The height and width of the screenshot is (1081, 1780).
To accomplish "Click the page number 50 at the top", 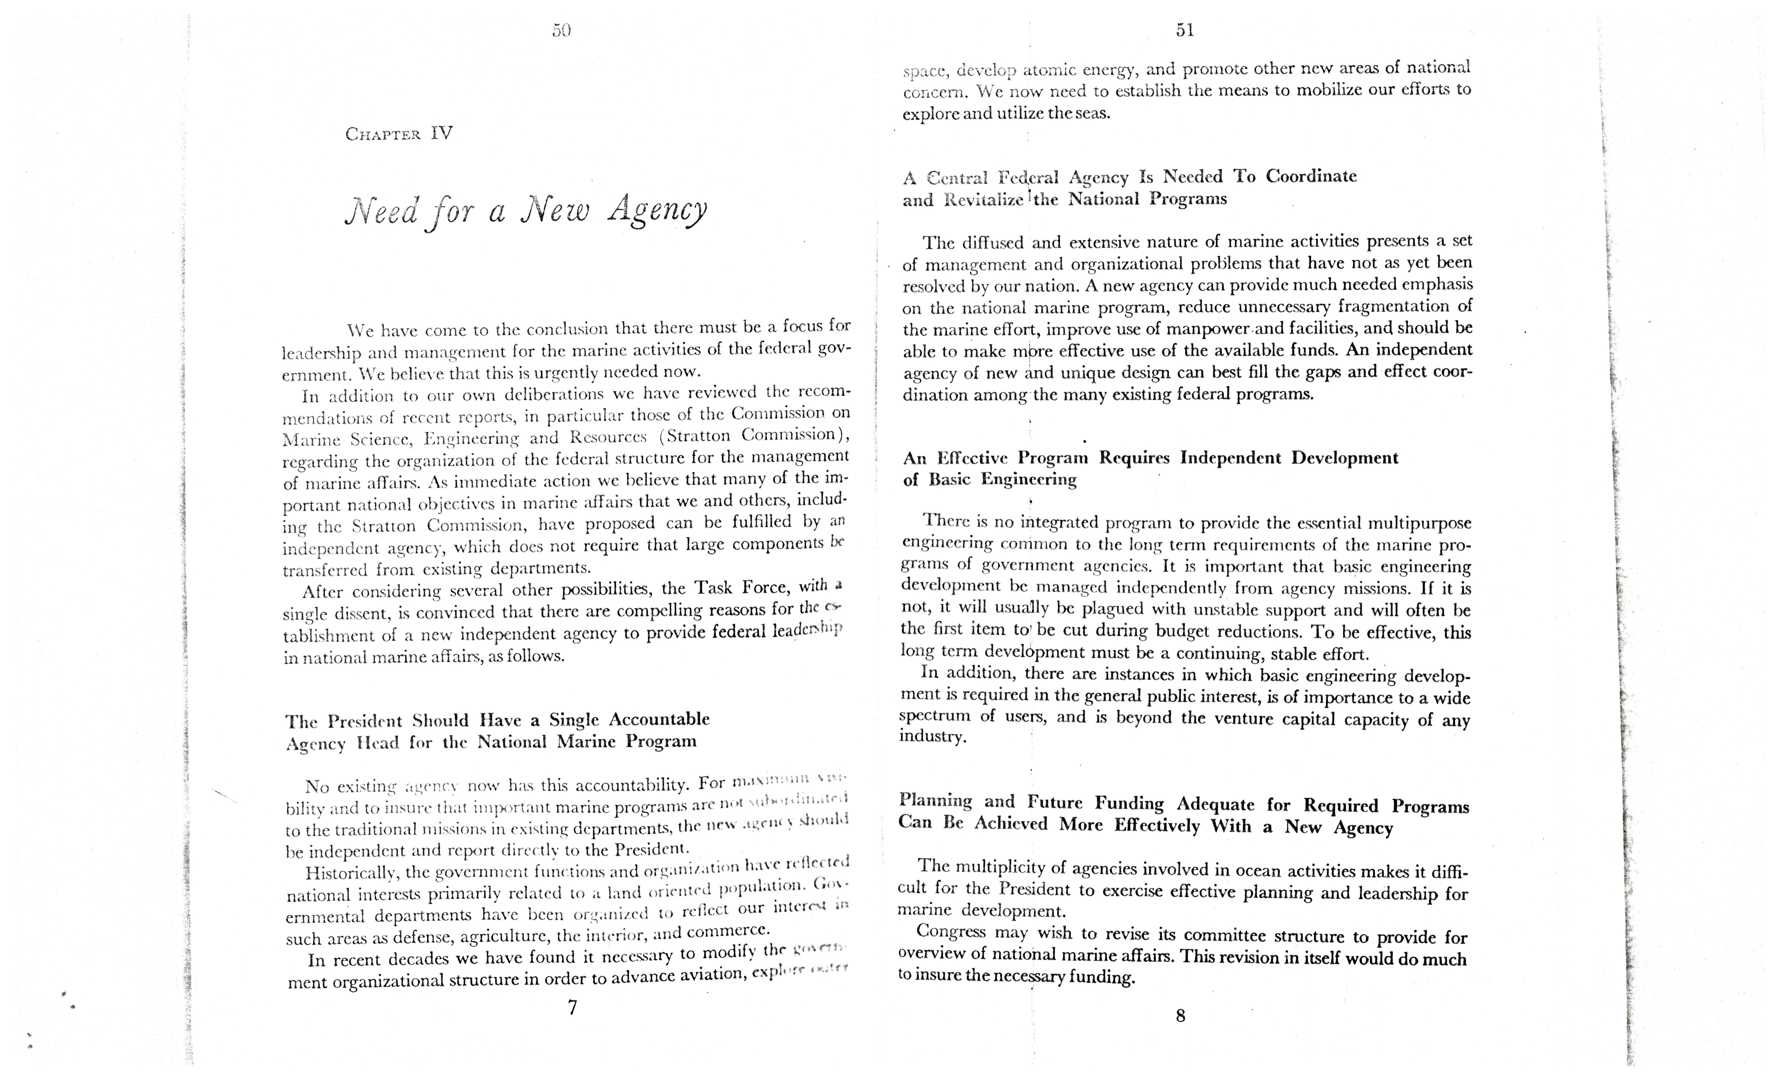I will click(561, 30).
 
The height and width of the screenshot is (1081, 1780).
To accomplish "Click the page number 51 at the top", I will click(1185, 30).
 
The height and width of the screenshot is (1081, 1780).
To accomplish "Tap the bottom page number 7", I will click(572, 1007).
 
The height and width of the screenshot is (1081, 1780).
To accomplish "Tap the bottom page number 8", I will click(1180, 1016).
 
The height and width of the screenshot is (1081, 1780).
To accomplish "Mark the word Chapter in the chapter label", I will click(383, 134).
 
